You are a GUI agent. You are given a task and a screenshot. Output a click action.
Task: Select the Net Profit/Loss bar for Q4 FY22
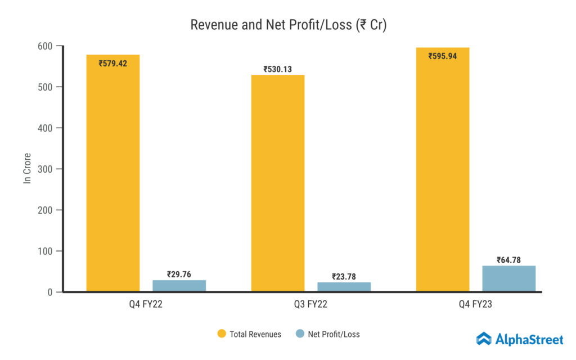(179, 286)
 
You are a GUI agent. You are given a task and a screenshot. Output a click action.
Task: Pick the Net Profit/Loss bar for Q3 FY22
(344, 287)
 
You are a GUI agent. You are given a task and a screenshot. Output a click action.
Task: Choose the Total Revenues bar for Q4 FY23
(443, 174)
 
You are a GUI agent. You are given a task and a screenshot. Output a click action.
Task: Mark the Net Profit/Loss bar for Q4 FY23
(508, 278)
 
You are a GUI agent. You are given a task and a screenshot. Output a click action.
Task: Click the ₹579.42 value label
(112, 64)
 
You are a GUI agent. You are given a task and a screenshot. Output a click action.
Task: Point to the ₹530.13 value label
(278, 69)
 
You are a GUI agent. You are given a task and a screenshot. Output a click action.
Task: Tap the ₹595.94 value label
(443, 56)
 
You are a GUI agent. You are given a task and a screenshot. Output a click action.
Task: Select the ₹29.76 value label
(179, 274)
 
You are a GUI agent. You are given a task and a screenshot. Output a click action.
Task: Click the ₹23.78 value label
(344, 276)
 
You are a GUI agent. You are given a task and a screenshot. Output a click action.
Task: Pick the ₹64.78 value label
(508, 260)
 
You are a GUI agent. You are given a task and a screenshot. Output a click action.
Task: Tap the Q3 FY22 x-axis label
(310, 305)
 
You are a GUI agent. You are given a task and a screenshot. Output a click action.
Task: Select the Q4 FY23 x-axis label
(476, 305)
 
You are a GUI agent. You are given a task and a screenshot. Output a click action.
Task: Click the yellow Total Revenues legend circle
(222, 334)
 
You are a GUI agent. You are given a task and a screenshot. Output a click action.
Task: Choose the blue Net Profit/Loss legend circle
(300, 334)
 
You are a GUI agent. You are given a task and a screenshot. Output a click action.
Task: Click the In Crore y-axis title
(27, 168)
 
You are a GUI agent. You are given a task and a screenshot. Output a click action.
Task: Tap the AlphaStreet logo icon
(484, 339)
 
